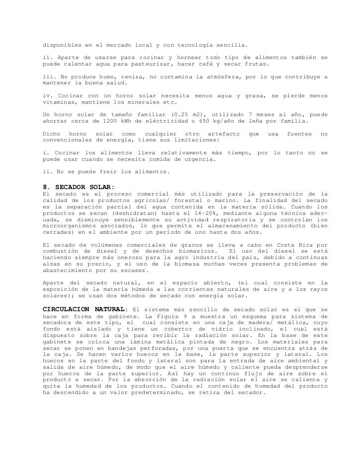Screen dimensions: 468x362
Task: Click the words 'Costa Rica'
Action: (298, 244)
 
